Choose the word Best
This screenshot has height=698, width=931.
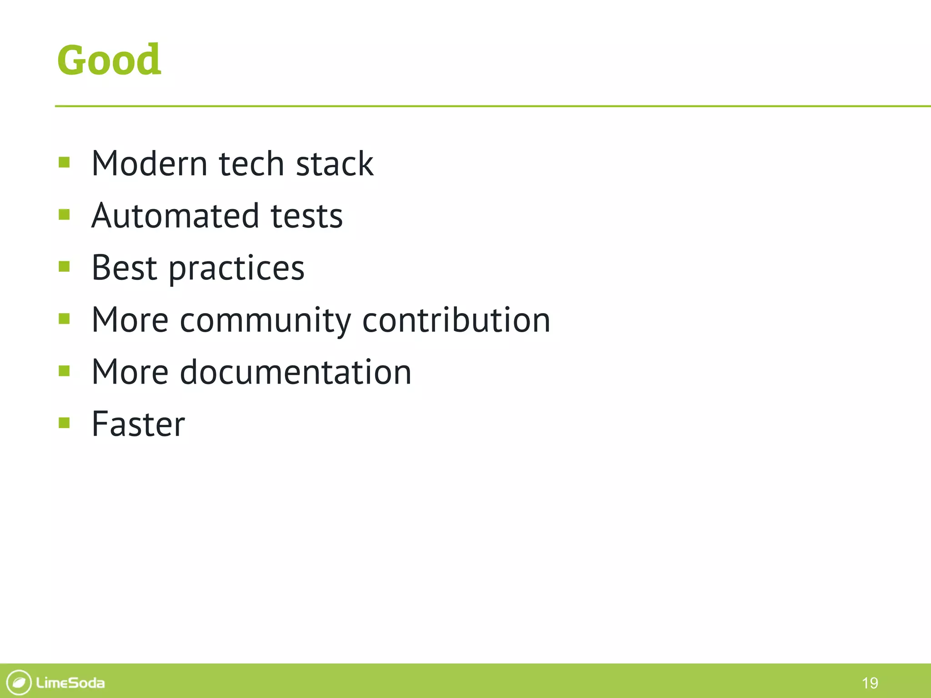tap(124, 268)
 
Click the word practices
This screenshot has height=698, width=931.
tap(236, 269)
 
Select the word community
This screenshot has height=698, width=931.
tap(265, 321)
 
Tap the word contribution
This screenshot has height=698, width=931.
tap(456, 320)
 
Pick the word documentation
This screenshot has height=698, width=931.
tap(295, 372)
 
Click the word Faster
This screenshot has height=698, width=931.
tap(138, 424)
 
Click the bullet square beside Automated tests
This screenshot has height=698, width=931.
tap(64, 214)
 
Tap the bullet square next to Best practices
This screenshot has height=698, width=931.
tap(64, 266)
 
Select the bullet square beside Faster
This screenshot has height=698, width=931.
tap(64, 423)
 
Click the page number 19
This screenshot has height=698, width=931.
tap(870, 683)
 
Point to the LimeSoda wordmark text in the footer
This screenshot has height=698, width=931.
tap(70, 683)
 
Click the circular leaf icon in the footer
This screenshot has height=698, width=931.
tap(19, 683)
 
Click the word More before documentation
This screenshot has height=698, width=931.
tap(130, 372)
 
